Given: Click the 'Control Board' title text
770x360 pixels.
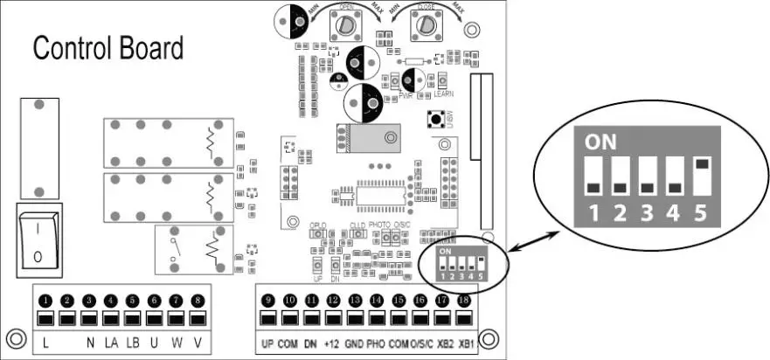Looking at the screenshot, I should tap(108, 48).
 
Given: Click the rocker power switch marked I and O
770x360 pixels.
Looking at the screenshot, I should tap(38, 239).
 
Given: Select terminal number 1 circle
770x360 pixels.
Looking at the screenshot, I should tap(45, 301).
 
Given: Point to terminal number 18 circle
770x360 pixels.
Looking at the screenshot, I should tap(463, 301).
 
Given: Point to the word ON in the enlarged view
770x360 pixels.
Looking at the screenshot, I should tap(599, 141).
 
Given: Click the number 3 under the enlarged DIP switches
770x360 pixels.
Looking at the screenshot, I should tap(648, 212).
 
